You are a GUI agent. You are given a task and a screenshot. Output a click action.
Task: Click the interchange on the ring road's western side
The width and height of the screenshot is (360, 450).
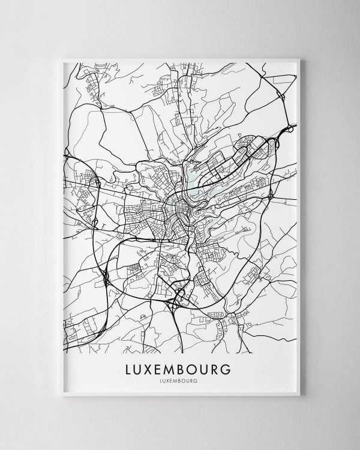pos(106,277)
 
